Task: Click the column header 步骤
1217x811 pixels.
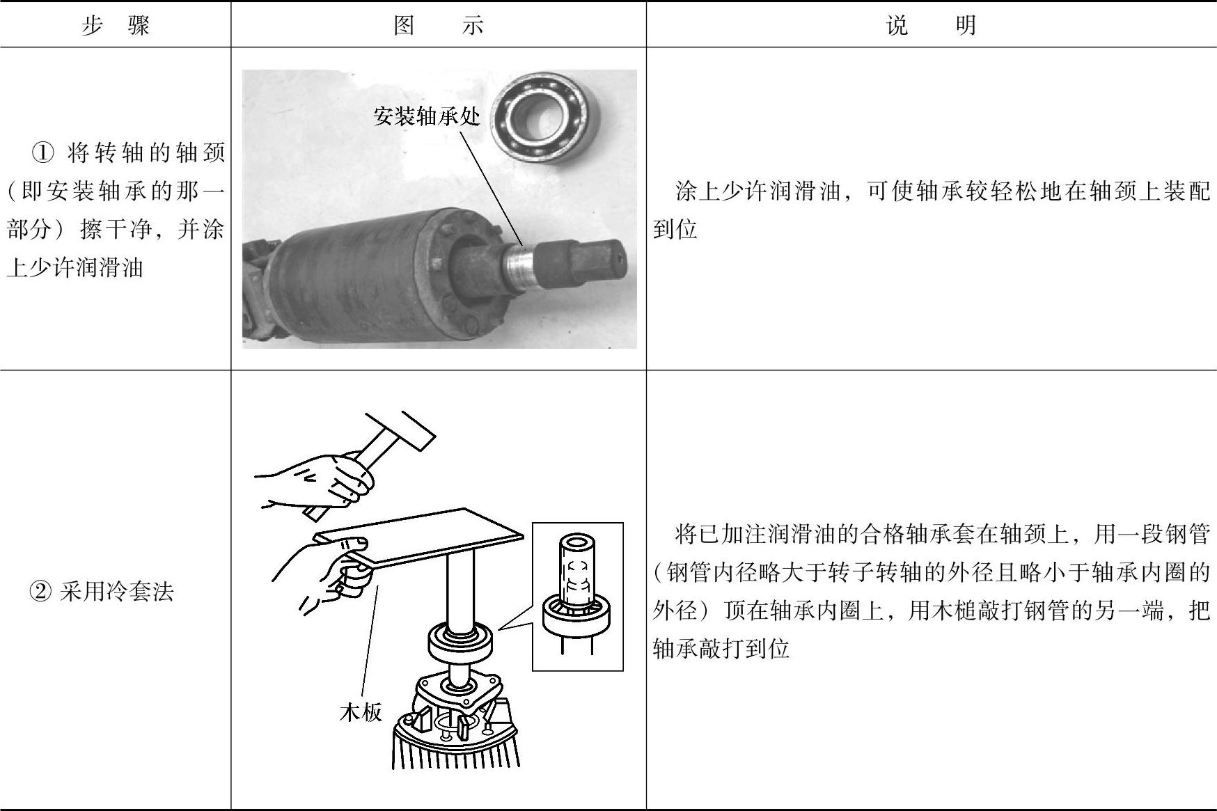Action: (116, 26)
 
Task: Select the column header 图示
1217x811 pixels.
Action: (438, 26)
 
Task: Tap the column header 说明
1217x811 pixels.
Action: (931, 26)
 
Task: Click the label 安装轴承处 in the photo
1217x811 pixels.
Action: (427, 116)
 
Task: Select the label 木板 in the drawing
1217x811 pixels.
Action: (361, 712)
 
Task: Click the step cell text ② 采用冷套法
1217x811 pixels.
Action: (101, 592)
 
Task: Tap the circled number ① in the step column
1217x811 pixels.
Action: (43, 152)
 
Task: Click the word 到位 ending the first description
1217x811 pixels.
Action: (675, 229)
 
